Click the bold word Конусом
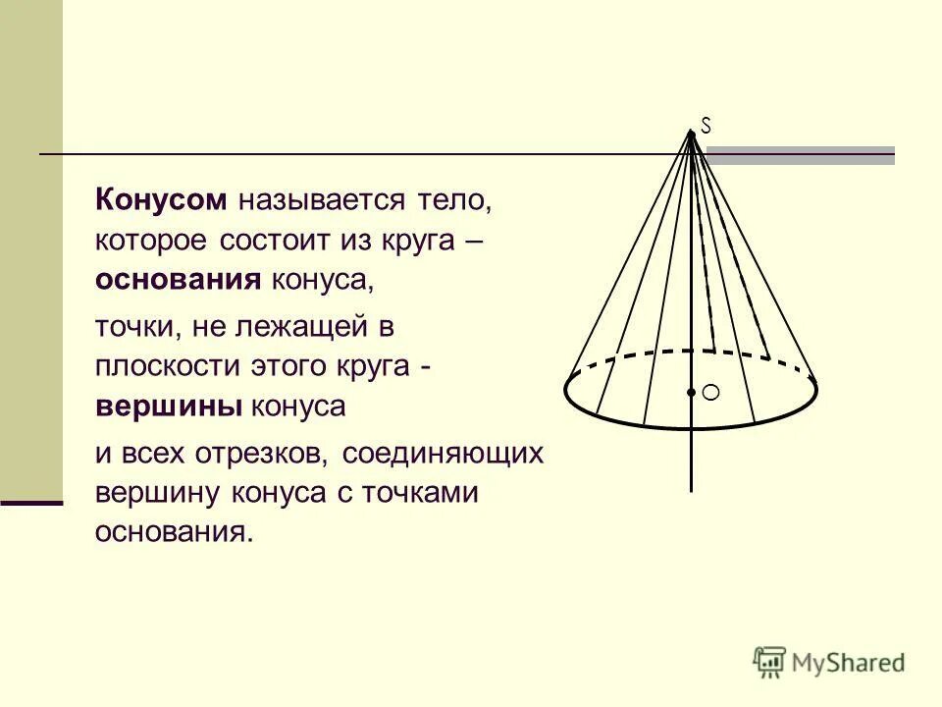coord(162,201)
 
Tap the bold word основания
coord(178,280)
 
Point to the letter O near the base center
coord(711,393)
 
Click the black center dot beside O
coord(692,393)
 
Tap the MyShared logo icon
coord(769,661)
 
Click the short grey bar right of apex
coord(801,153)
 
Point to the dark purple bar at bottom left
coord(31,502)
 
